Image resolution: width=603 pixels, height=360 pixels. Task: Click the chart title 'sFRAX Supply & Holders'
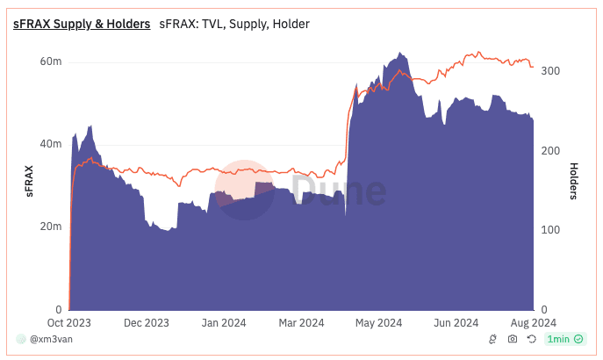pos(82,24)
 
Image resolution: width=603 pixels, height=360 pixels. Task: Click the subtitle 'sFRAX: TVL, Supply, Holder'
pos(234,24)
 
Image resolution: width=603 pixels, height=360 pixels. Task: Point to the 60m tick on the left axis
pos(50,62)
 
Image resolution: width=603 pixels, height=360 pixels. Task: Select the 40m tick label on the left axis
pos(50,144)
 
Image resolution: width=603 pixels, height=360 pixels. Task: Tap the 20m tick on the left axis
pos(50,227)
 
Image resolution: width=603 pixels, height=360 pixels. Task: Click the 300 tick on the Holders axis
pos(550,71)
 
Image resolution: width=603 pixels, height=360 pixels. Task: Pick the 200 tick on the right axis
pos(550,151)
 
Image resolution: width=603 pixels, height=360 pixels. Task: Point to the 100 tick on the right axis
pos(550,230)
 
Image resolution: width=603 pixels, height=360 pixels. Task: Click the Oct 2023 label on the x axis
pos(69,322)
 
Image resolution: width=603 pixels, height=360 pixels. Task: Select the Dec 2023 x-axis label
pos(146,322)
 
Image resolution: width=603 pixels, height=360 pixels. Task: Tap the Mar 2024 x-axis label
pos(301,322)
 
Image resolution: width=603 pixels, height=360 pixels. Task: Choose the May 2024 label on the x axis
pos(378,322)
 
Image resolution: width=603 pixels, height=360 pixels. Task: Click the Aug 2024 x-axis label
pos(533,322)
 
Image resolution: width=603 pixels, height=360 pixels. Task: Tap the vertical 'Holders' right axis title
pos(574,182)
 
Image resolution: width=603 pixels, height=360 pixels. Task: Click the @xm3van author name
pos(48,339)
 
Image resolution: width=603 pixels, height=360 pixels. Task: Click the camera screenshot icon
pos(513,339)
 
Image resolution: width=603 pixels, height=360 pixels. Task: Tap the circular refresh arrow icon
pos(532,339)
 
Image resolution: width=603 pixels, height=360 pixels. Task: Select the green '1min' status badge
pos(559,339)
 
